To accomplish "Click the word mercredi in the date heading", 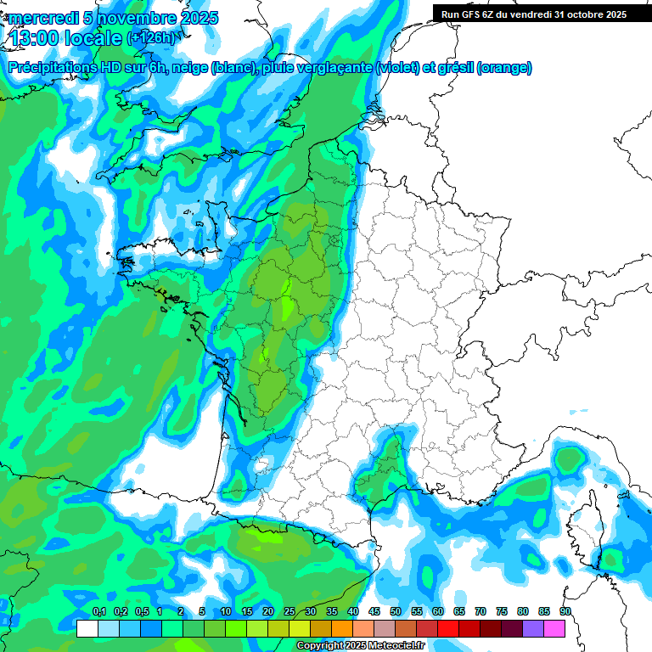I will (41, 17).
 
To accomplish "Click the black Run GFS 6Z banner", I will (534, 14).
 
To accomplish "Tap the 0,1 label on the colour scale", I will (98, 612).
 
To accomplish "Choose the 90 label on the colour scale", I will (565, 612).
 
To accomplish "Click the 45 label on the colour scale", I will (374, 612).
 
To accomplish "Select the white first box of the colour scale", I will (87, 629).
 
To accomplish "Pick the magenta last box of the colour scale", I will (555, 629).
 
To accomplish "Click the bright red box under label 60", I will (448, 629).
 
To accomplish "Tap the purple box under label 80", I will (533, 629).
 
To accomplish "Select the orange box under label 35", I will (342, 629).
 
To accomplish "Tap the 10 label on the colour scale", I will (225, 612).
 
